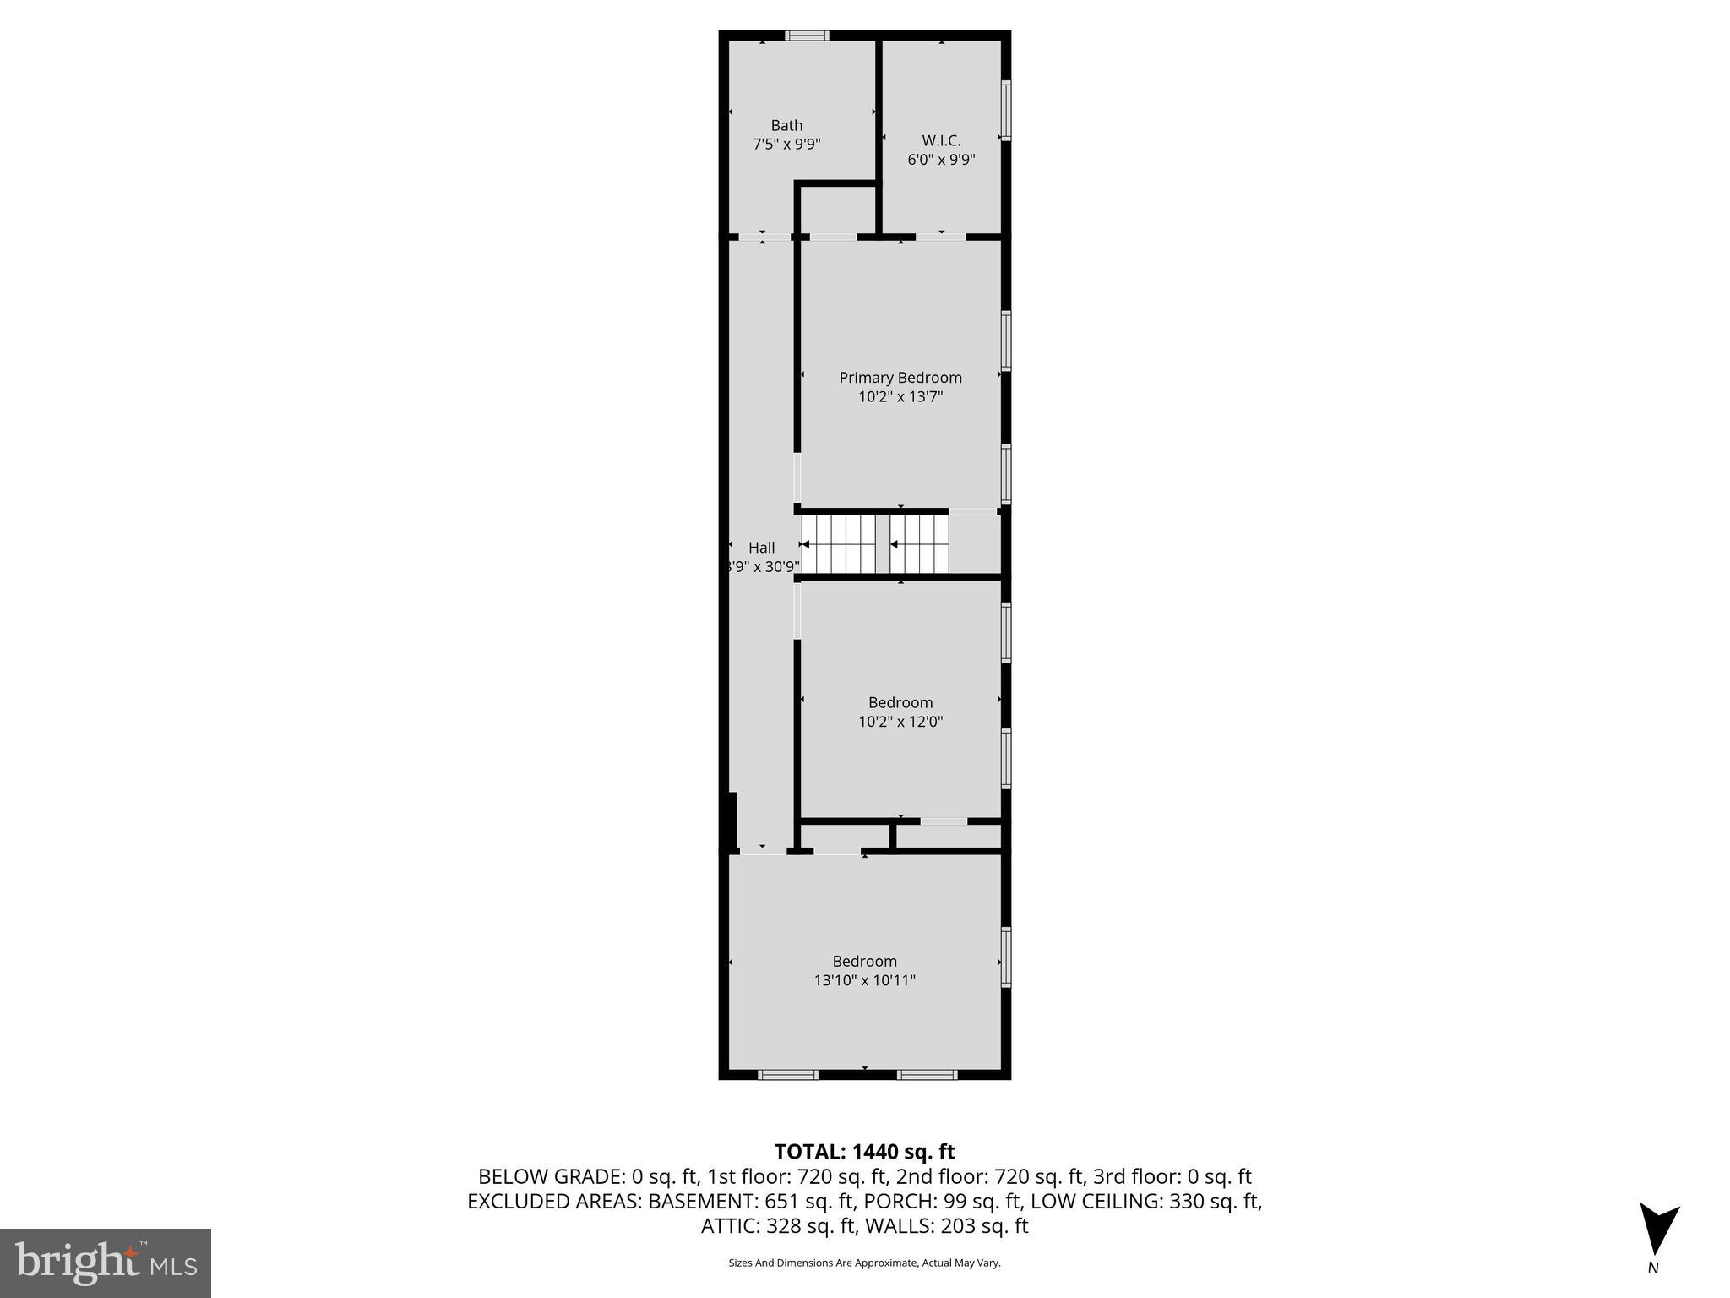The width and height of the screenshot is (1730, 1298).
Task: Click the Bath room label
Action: [x=786, y=126]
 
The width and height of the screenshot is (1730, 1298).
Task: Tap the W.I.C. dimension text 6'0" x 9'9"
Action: [x=941, y=159]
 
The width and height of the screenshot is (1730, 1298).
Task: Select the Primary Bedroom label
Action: [x=900, y=378]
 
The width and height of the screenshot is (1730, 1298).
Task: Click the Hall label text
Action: [x=761, y=548]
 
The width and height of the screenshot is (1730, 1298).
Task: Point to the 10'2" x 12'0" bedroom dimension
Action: [x=900, y=722]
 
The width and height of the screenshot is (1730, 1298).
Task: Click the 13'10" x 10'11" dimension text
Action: [x=864, y=980]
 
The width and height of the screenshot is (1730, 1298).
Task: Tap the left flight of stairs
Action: [x=838, y=545]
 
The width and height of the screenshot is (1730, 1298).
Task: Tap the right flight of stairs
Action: [x=921, y=545]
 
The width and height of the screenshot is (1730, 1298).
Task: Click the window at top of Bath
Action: [x=807, y=35]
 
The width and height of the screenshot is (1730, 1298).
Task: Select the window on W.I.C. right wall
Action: [x=1006, y=110]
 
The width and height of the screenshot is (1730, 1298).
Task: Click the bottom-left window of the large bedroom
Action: [x=788, y=1075]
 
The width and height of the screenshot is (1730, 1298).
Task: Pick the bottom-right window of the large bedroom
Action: [x=927, y=1075]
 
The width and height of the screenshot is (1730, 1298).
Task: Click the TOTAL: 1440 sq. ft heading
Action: [x=864, y=1152]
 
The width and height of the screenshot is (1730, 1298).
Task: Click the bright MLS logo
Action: [x=106, y=1263]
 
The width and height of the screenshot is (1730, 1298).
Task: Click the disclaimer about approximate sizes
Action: [x=864, y=1263]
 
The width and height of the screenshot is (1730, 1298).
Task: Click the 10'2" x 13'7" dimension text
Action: [x=900, y=396]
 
